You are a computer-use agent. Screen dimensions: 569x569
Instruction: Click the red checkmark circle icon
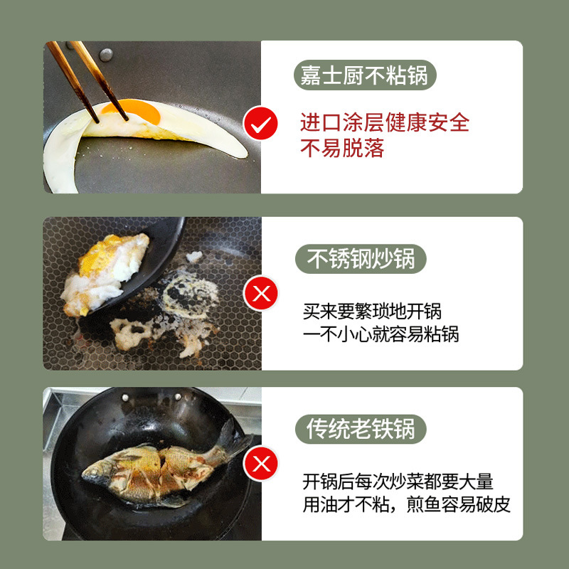(260, 123)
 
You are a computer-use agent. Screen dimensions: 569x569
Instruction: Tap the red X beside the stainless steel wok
(261, 293)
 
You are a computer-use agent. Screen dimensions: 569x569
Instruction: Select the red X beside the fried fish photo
(261, 464)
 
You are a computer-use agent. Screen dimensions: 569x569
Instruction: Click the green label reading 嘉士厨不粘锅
(365, 75)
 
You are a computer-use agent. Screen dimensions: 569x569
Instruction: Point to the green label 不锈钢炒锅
(361, 259)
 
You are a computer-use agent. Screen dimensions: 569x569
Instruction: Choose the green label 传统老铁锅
(361, 429)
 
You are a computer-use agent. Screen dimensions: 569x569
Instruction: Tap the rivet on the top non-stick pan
(106, 55)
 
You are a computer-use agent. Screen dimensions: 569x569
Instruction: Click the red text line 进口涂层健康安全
(385, 122)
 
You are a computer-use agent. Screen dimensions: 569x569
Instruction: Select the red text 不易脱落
(342, 149)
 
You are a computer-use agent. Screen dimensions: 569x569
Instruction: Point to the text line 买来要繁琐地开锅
(372, 311)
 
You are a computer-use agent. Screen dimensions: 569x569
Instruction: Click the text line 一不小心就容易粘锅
(381, 334)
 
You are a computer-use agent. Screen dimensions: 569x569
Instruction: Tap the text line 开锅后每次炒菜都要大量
(398, 482)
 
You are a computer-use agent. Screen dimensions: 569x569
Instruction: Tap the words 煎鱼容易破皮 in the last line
(458, 504)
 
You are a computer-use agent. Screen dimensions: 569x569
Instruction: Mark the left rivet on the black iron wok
(125, 398)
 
